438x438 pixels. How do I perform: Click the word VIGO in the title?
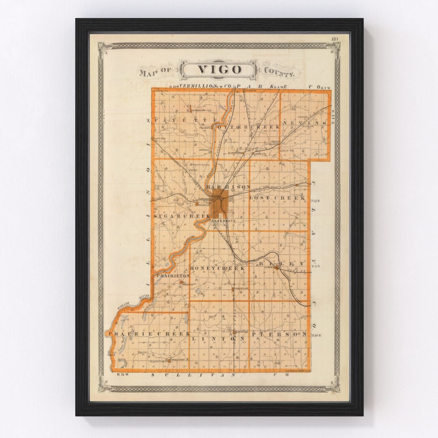point(219,69)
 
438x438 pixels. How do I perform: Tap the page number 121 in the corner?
point(335,39)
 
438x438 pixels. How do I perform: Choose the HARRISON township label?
point(228,187)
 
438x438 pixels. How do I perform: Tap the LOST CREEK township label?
point(277,198)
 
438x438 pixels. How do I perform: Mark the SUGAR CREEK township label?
point(182,217)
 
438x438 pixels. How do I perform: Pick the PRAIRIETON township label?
point(173,275)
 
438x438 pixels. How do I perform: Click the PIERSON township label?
point(279,335)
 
